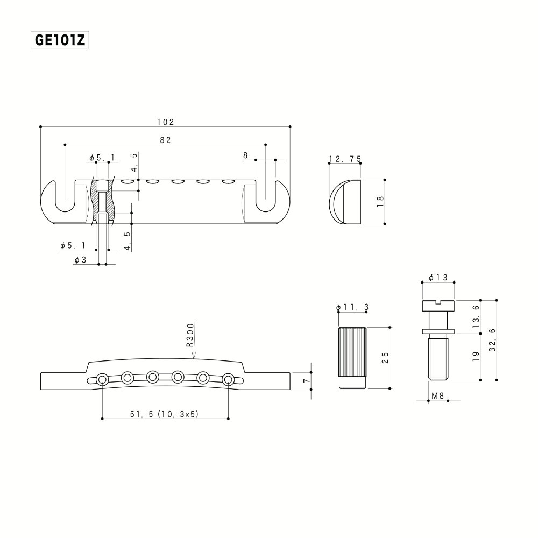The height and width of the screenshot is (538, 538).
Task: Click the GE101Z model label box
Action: tap(60, 40)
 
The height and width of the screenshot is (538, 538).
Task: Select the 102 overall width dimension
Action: tap(166, 122)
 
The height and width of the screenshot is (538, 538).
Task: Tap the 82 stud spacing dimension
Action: tap(165, 140)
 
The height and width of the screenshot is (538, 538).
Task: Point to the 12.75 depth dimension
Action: tap(345, 159)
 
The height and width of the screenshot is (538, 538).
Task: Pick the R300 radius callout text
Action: tap(190, 336)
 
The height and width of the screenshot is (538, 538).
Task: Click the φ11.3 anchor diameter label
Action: tap(352, 307)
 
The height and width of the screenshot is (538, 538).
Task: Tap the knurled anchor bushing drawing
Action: tap(352, 358)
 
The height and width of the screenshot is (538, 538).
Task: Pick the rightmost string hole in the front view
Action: tap(229, 380)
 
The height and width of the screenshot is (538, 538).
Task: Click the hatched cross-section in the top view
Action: tap(103, 202)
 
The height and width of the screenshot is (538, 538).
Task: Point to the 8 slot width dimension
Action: tap(245, 155)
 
